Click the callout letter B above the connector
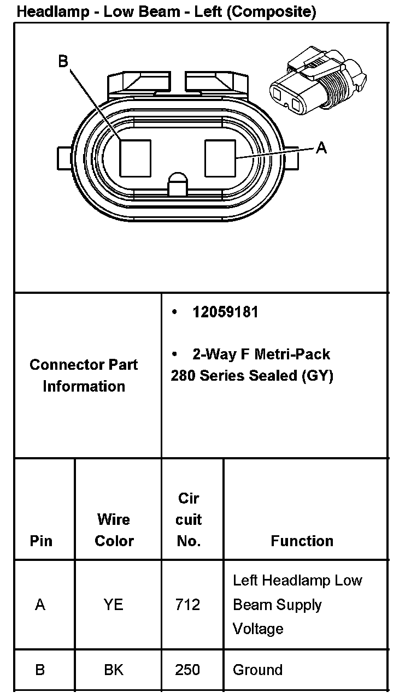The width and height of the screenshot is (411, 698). [63, 61]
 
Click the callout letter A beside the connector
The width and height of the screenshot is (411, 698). [321, 147]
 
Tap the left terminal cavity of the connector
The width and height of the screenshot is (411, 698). [135, 158]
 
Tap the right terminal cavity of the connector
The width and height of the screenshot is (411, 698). [220, 158]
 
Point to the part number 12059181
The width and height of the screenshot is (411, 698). [225, 312]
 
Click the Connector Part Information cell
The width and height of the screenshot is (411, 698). [84, 375]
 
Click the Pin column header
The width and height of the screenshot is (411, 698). [42, 541]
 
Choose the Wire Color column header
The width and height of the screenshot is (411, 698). [114, 530]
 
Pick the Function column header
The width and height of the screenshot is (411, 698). [302, 541]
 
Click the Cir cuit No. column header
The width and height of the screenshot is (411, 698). [189, 519]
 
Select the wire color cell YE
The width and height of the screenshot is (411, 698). [114, 605]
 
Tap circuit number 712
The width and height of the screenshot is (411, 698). [187, 605]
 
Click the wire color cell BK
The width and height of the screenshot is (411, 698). [114, 670]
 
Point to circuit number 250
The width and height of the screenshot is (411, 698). [187, 670]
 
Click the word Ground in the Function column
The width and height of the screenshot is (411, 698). [257, 670]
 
